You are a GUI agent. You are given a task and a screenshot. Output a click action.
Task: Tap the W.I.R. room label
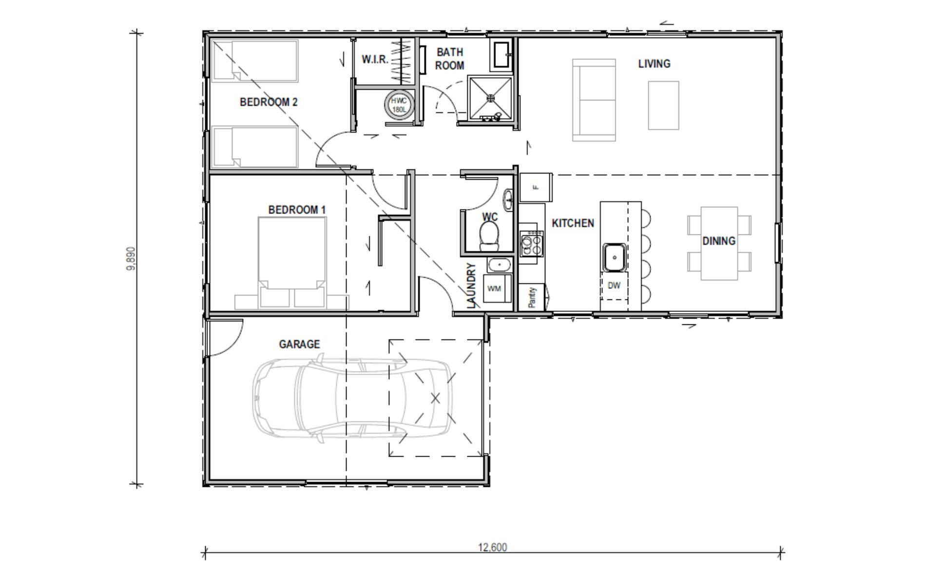point(375,59)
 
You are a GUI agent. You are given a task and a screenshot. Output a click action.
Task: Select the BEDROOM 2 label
point(269,102)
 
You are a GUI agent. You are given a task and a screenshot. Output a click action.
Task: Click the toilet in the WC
point(489,236)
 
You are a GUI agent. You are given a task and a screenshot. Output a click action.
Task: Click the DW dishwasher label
point(614,286)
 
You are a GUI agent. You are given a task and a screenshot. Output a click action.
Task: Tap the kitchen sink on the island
point(615,257)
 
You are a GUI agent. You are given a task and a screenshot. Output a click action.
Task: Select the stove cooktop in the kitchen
point(532,243)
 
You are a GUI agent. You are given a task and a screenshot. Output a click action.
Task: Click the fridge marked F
point(536,187)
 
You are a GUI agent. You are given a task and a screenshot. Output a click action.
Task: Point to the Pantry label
point(532,297)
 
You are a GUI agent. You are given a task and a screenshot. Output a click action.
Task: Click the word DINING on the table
point(719,241)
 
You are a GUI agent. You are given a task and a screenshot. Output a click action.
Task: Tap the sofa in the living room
point(594,100)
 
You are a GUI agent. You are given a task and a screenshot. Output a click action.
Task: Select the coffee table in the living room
point(663,106)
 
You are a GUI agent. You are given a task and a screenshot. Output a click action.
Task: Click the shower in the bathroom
point(491,98)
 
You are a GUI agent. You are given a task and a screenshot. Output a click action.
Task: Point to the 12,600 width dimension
point(492,548)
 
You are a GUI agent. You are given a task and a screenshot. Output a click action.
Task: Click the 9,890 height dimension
point(131,259)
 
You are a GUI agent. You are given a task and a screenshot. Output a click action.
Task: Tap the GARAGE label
point(299,344)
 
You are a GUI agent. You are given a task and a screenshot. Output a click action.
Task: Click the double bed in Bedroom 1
point(292,263)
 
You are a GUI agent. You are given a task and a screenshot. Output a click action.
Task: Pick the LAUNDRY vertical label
point(471,286)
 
